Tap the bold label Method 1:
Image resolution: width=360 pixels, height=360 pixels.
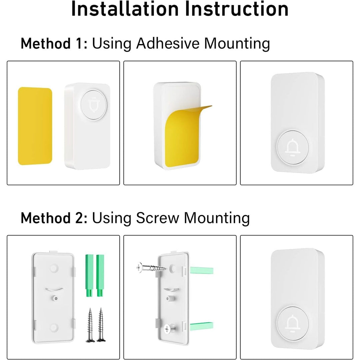54,44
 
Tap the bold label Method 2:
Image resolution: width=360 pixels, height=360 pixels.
54,218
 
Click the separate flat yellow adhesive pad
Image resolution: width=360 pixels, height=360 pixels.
35,126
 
